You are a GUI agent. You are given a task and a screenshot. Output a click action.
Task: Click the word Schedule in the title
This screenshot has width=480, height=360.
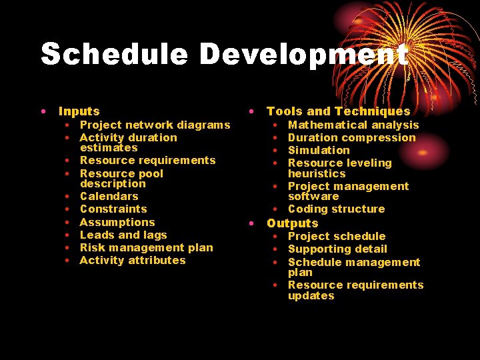pyautogui.click(x=114, y=54)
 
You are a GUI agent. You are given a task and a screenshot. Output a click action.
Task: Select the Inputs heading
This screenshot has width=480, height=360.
pyautogui.click(x=79, y=111)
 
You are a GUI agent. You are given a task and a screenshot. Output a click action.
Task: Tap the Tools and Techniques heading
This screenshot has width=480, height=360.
pyautogui.click(x=338, y=111)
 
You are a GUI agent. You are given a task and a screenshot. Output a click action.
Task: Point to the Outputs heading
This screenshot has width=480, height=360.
pyautogui.click(x=292, y=223)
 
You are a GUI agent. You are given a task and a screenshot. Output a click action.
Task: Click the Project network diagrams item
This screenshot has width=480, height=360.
pyautogui.click(x=155, y=125)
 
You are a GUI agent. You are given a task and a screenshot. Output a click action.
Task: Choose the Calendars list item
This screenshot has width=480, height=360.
pyautogui.click(x=109, y=196)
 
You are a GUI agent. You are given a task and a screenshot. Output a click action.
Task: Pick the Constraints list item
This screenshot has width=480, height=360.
pyautogui.click(x=113, y=209)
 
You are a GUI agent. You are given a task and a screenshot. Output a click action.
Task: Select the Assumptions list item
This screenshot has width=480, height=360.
pyautogui.click(x=117, y=222)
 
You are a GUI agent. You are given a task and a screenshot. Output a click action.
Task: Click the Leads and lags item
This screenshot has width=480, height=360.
pyautogui.click(x=123, y=235)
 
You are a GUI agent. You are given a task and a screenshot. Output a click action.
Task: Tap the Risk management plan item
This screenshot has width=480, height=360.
pyautogui.click(x=146, y=247)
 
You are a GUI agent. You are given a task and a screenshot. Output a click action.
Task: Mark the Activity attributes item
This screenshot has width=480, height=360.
pyautogui.click(x=133, y=260)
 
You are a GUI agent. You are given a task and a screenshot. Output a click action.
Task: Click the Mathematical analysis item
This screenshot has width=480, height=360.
pyautogui.click(x=353, y=125)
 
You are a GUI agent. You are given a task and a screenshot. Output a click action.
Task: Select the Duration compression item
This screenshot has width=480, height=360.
pyautogui.click(x=351, y=137)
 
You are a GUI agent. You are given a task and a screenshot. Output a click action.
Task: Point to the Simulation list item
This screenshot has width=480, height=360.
pyautogui.click(x=319, y=150)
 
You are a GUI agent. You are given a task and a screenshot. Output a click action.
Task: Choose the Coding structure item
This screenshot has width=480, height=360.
pyautogui.click(x=336, y=209)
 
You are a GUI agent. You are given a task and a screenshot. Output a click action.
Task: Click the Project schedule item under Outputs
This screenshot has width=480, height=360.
pyautogui.click(x=337, y=236)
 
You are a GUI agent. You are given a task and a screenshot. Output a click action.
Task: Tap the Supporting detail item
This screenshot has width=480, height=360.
pyautogui.click(x=337, y=249)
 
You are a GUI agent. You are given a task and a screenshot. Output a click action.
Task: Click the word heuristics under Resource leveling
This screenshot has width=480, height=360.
pyautogui.click(x=317, y=173)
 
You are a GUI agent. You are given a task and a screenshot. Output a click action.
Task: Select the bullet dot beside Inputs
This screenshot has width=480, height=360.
pyautogui.click(x=43, y=111)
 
